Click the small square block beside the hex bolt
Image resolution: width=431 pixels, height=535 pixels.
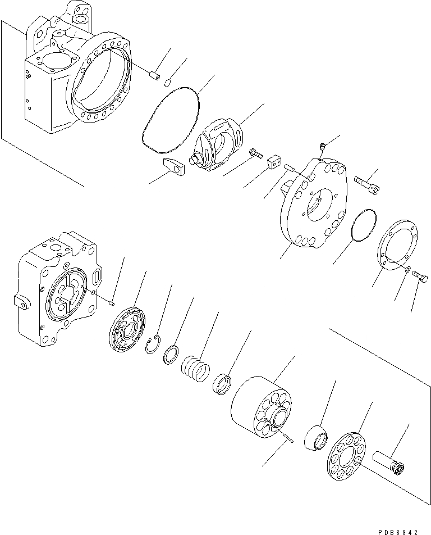[273, 162]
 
